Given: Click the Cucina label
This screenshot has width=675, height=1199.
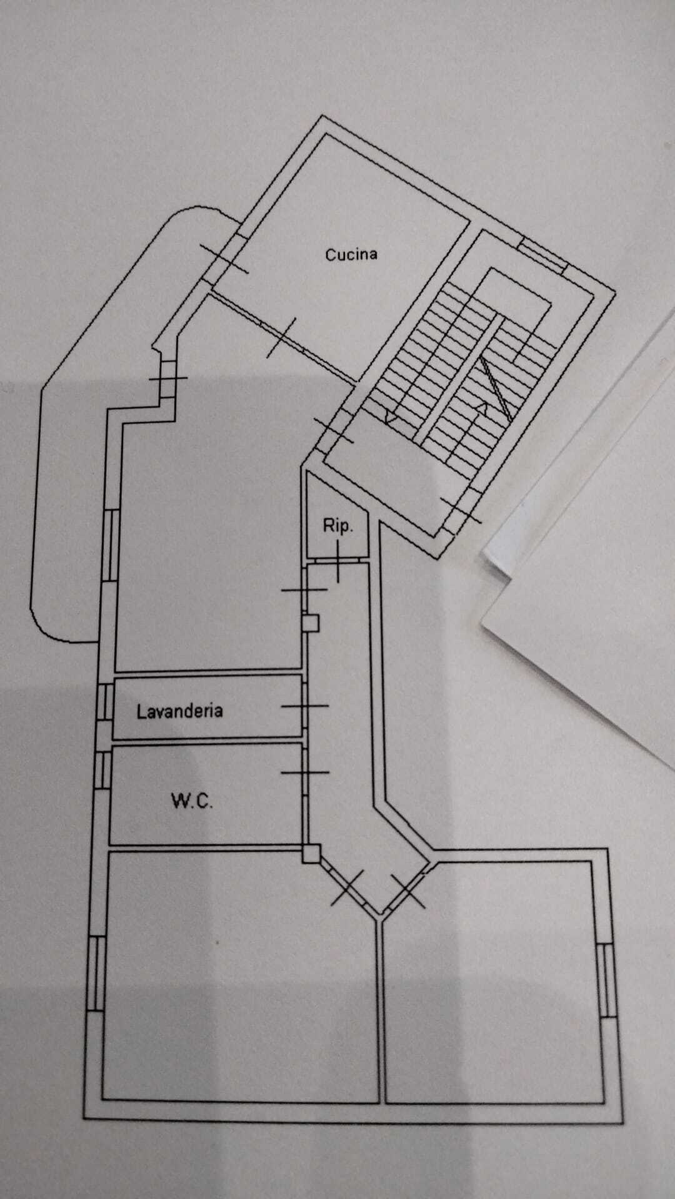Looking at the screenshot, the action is pyautogui.click(x=351, y=254).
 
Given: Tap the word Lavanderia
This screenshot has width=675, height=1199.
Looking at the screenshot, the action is pyautogui.click(x=179, y=711).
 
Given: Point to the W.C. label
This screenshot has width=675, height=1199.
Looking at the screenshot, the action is pyautogui.click(x=192, y=801).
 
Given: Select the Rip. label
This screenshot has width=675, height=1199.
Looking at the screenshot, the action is pyautogui.click(x=337, y=526).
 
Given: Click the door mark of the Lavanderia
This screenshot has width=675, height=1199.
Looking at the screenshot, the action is pyautogui.click(x=304, y=706).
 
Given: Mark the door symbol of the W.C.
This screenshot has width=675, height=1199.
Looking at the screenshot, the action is pyautogui.click(x=305, y=772).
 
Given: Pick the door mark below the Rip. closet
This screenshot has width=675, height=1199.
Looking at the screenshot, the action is pyautogui.click(x=338, y=561).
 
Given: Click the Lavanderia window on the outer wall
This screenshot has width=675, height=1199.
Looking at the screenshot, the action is pyautogui.click(x=105, y=703).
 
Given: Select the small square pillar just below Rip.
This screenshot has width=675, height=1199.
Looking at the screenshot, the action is pyautogui.click(x=311, y=622).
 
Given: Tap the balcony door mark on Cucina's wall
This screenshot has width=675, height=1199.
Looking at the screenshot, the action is pyautogui.click(x=224, y=258).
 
